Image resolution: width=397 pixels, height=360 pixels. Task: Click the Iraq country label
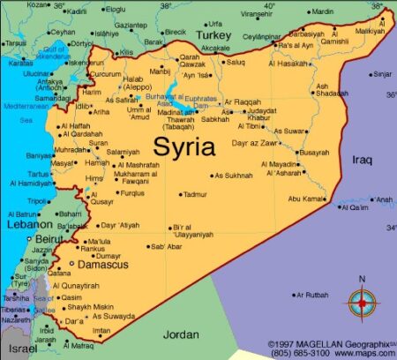coord(363,160)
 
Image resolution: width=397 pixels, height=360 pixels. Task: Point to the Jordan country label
coord(181,334)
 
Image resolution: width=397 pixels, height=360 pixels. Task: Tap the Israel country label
coord(23,350)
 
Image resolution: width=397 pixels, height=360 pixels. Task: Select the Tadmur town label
coord(195,194)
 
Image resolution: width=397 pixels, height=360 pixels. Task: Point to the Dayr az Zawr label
coord(256,142)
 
